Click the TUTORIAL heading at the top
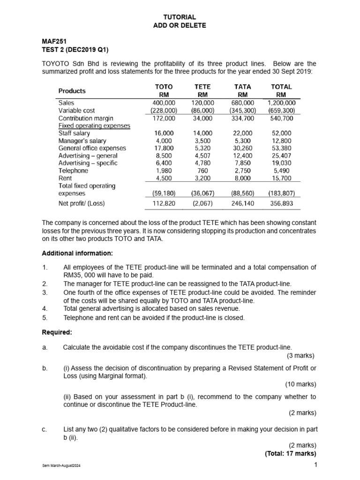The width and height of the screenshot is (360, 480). point(180,17)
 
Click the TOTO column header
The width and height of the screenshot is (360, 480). point(164,87)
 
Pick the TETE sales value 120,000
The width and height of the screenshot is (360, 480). point(203,103)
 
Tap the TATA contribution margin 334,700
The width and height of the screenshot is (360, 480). point(243,118)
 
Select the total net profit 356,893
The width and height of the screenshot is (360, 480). point(281,203)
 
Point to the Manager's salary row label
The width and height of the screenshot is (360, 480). point(82,141)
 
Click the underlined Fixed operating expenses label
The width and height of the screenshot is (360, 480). point(94,126)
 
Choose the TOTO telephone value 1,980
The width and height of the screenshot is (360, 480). point(164,171)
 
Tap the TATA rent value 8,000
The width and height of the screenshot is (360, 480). point(243,178)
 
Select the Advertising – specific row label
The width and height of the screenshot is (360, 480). point(88,163)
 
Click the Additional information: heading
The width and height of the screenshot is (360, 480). point(77,253)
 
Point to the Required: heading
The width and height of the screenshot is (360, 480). point(57,332)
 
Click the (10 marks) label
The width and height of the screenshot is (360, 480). point(300,384)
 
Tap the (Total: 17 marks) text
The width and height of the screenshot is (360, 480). point(290,453)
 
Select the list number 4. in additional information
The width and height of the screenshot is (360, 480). point(45,308)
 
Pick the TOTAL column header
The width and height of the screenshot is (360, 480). point(281,87)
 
